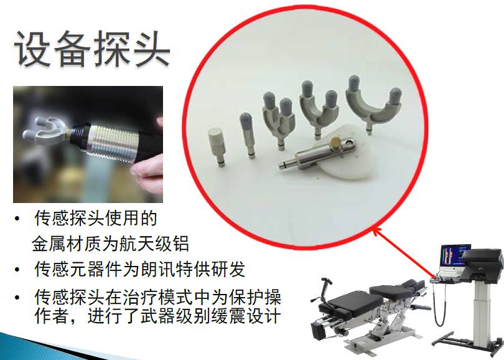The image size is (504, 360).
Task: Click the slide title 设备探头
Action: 92,49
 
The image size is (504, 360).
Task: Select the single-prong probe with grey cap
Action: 247,135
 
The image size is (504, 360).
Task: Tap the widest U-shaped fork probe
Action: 373,103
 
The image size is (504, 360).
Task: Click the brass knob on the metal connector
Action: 337,141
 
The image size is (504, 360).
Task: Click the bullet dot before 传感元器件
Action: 17,270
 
